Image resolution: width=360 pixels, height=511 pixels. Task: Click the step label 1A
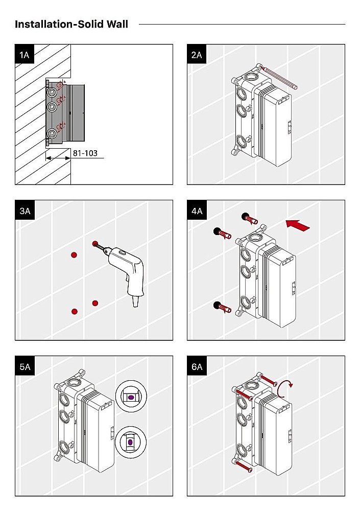click(x=25, y=54)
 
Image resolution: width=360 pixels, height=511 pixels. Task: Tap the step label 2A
click(x=197, y=54)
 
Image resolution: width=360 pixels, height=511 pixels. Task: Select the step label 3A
click(x=25, y=210)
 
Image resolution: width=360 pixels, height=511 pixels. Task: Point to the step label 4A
click(x=197, y=210)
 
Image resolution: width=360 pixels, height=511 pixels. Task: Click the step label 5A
click(x=25, y=366)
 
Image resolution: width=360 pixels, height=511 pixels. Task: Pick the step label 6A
click(x=197, y=366)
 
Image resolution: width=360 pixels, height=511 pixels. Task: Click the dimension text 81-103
click(x=85, y=153)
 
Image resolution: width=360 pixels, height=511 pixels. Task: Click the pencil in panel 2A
click(x=278, y=77)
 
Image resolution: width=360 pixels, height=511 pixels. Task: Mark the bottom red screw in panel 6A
click(x=243, y=466)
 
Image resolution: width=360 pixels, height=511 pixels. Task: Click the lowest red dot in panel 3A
click(x=75, y=311)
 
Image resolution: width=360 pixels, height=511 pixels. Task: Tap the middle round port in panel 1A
click(x=52, y=107)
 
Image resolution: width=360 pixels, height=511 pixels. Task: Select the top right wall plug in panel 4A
click(x=251, y=219)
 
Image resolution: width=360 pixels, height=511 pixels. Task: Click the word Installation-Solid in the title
click(x=57, y=24)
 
